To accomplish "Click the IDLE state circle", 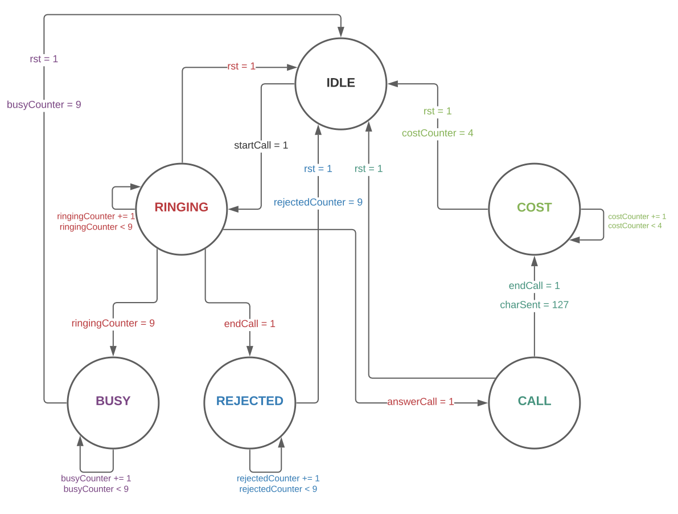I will (x=340, y=83).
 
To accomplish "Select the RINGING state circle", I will (x=181, y=209).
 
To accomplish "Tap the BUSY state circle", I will (x=113, y=402).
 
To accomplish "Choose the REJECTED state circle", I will (x=249, y=402).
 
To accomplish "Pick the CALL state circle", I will (x=534, y=402).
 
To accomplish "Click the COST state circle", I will (x=534, y=209).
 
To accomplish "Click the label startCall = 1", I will (x=261, y=145).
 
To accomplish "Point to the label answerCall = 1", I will (x=420, y=402).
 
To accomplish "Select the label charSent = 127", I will (x=534, y=305).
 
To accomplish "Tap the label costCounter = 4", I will (x=437, y=133).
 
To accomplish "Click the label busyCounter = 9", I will (x=44, y=105).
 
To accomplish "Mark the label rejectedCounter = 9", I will (x=318, y=202).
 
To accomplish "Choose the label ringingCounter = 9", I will (x=113, y=324).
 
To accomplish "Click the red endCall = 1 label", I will (x=249, y=324).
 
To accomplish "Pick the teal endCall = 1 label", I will (x=534, y=285).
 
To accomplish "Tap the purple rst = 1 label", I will (x=44, y=59).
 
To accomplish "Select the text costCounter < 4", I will (x=635, y=226).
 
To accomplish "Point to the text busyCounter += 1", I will (x=96, y=479).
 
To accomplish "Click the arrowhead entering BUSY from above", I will (x=113, y=351).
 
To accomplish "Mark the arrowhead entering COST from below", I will (x=534, y=261).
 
